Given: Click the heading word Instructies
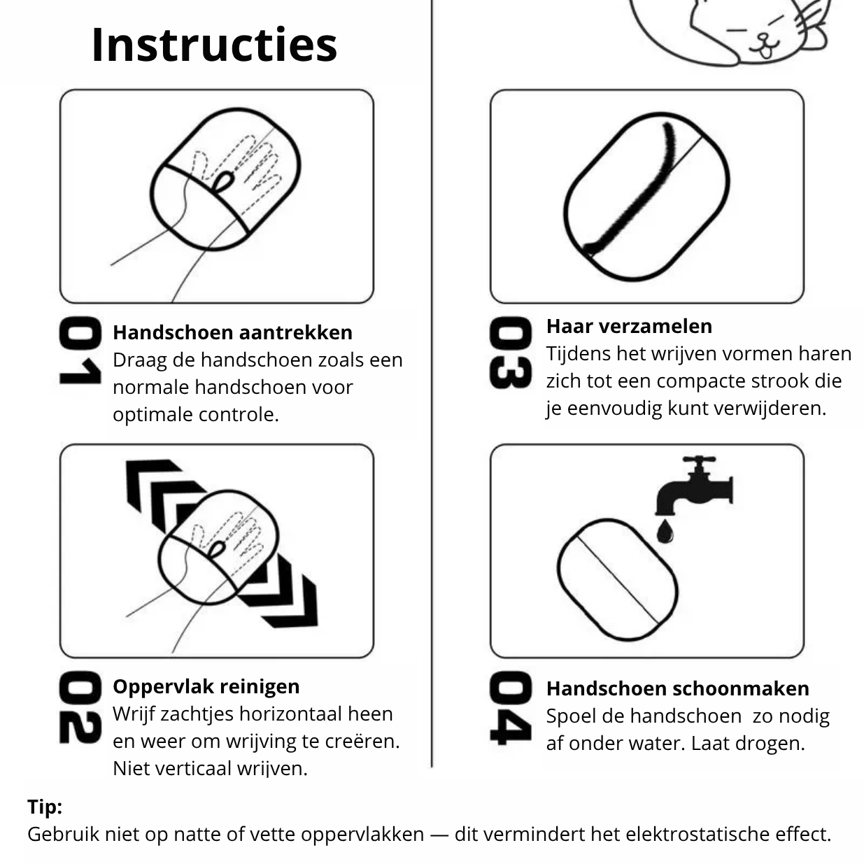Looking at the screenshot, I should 214,45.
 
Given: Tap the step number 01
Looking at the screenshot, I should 79,350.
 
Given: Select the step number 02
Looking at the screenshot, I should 79,707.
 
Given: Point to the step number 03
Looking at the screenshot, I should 510,353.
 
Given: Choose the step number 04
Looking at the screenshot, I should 510,708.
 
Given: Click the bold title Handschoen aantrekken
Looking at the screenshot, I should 232,332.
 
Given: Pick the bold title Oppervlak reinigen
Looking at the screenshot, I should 206,686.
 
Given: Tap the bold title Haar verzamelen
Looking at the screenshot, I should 629,326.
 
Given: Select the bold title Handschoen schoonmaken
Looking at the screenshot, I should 677,688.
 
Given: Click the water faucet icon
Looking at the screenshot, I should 693,486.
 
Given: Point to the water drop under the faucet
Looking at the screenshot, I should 665,532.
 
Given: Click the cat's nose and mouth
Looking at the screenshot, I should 764,46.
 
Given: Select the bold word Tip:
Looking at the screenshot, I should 45,807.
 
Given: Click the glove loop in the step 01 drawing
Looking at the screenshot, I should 223,182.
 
